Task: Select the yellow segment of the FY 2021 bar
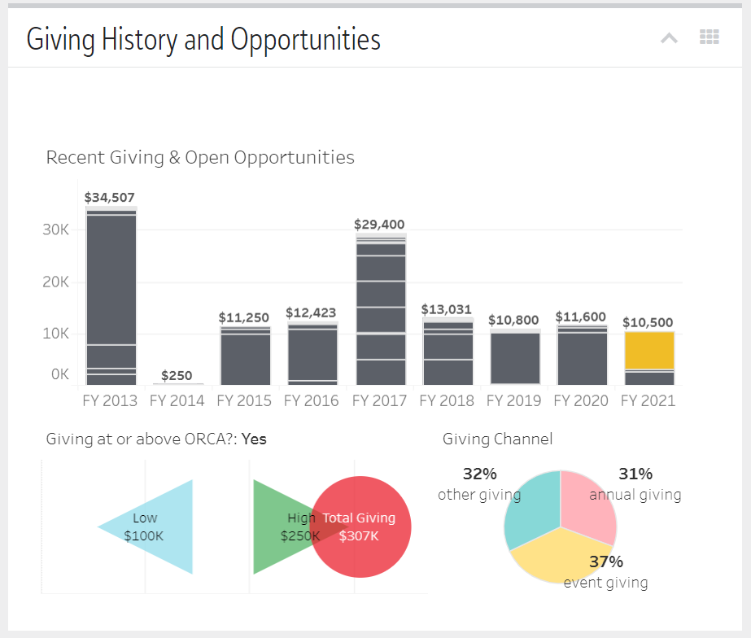pyautogui.click(x=649, y=350)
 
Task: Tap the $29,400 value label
pyautogui.click(x=379, y=225)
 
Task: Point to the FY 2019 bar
pyautogui.click(x=515, y=358)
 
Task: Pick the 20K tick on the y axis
pyautogui.click(x=56, y=282)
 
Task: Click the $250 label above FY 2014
pyautogui.click(x=177, y=375)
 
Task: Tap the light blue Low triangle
pyautogui.click(x=159, y=527)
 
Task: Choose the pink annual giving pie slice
pyautogui.click(x=589, y=505)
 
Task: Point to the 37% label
pyautogui.click(x=605, y=562)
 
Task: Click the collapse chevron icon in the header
pyautogui.click(x=669, y=37)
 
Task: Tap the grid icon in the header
pyautogui.click(x=710, y=37)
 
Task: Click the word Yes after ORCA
pyautogui.click(x=254, y=439)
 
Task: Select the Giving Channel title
pyautogui.click(x=497, y=439)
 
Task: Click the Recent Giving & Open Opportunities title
pyautogui.click(x=200, y=157)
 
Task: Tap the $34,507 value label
pyautogui.click(x=110, y=197)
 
